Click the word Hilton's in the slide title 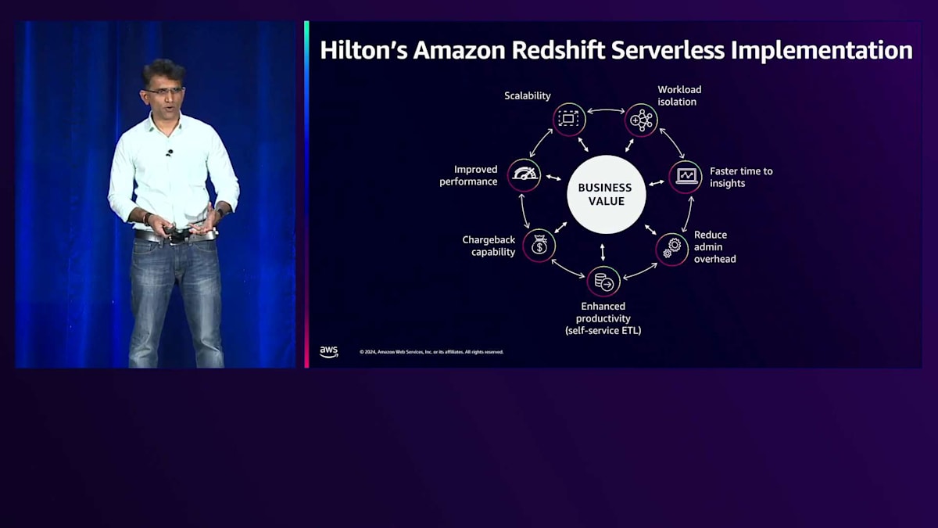(363, 50)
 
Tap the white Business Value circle (606, 195)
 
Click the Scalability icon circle (569, 119)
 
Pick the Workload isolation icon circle (641, 120)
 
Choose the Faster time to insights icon (686, 177)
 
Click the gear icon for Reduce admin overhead (671, 249)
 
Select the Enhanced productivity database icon (603, 281)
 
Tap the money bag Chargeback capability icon (539, 246)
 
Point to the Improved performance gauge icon (524, 175)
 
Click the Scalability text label (527, 95)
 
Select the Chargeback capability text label (489, 246)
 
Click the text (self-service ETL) (603, 331)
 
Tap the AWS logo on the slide (329, 352)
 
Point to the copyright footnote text (431, 352)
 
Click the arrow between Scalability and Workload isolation (605, 111)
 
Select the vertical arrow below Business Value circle (603, 252)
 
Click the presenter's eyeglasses (164, 91)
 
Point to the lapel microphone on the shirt (170, 153)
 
